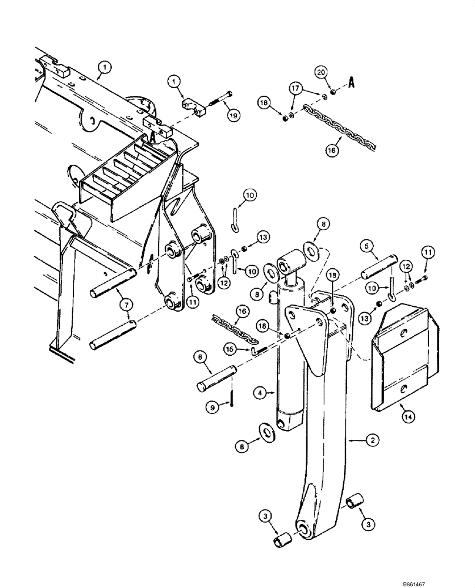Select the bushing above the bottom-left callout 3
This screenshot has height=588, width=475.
click(x=282, y=539)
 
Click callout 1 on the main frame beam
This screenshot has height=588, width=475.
click(x=103, y=68)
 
